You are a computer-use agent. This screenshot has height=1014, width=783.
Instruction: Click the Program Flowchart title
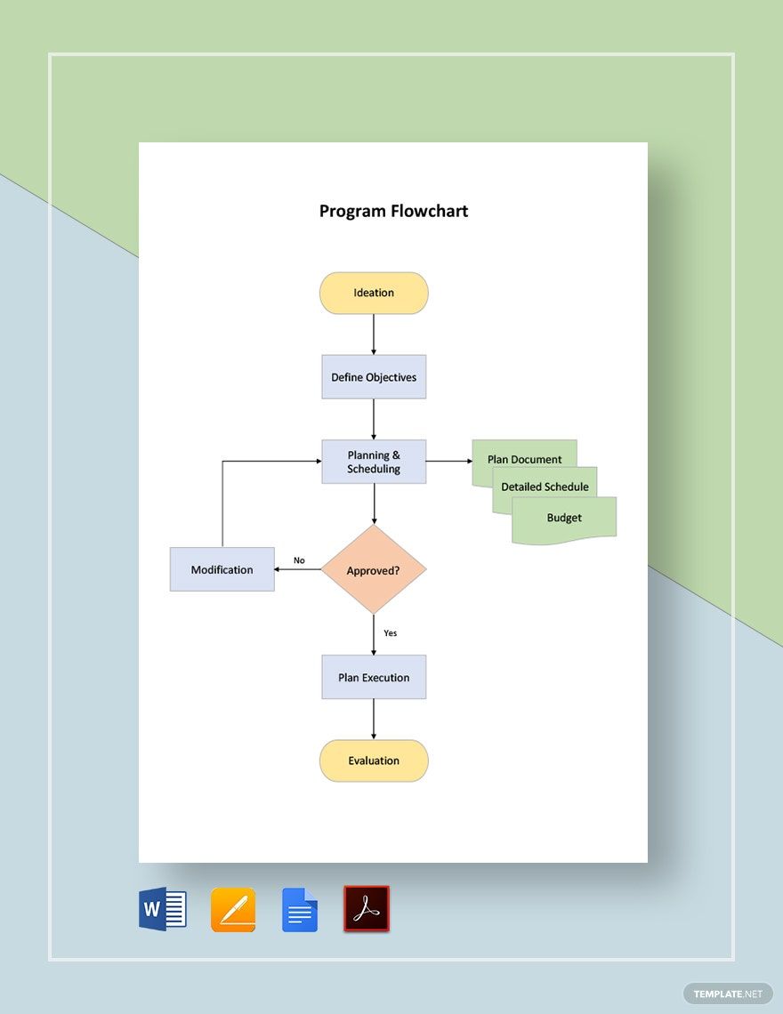393,211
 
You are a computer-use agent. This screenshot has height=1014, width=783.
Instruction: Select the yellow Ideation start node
374,293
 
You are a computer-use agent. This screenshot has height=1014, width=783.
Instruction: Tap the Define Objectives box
374,377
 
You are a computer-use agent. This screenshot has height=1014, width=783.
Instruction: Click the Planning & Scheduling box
374,462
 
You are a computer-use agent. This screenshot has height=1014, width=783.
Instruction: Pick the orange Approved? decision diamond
374,569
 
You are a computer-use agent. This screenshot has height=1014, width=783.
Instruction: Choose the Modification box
222,569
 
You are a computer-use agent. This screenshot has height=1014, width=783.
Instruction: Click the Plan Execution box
374,677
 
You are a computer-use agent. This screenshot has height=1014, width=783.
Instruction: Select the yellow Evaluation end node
374,760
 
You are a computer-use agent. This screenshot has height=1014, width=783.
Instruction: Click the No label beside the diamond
299,560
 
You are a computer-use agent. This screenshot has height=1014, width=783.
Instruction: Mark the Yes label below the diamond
390,633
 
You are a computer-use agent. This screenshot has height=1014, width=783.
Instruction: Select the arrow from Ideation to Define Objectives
374,334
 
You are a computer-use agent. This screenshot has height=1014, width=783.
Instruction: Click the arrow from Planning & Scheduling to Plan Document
448,461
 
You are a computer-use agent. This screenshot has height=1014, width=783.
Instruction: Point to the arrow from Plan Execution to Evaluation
374,719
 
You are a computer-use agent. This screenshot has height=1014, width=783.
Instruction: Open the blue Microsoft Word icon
163,909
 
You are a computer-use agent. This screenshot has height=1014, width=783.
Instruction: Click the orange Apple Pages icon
233,909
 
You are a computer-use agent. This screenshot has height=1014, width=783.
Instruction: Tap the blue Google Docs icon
300,909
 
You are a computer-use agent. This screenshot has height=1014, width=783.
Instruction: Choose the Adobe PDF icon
367,909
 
